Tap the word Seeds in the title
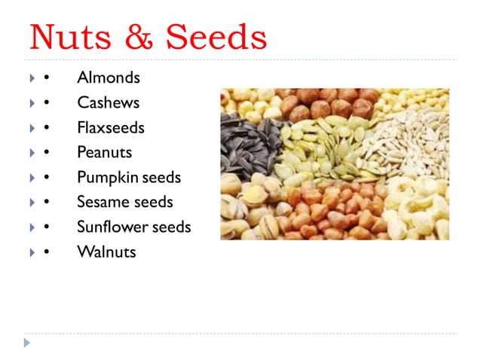coord(216,36)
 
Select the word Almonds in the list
coord(108,78)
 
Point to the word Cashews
coord(108,102)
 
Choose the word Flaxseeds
coord(110,127)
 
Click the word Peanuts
coord(104,152)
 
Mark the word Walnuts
coord(106,252)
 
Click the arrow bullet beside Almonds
coord(31,78)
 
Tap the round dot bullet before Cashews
coord(47,103)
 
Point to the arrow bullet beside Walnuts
coord(31,252)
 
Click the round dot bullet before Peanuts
coord(47,153)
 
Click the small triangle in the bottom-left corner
coord(28,343)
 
